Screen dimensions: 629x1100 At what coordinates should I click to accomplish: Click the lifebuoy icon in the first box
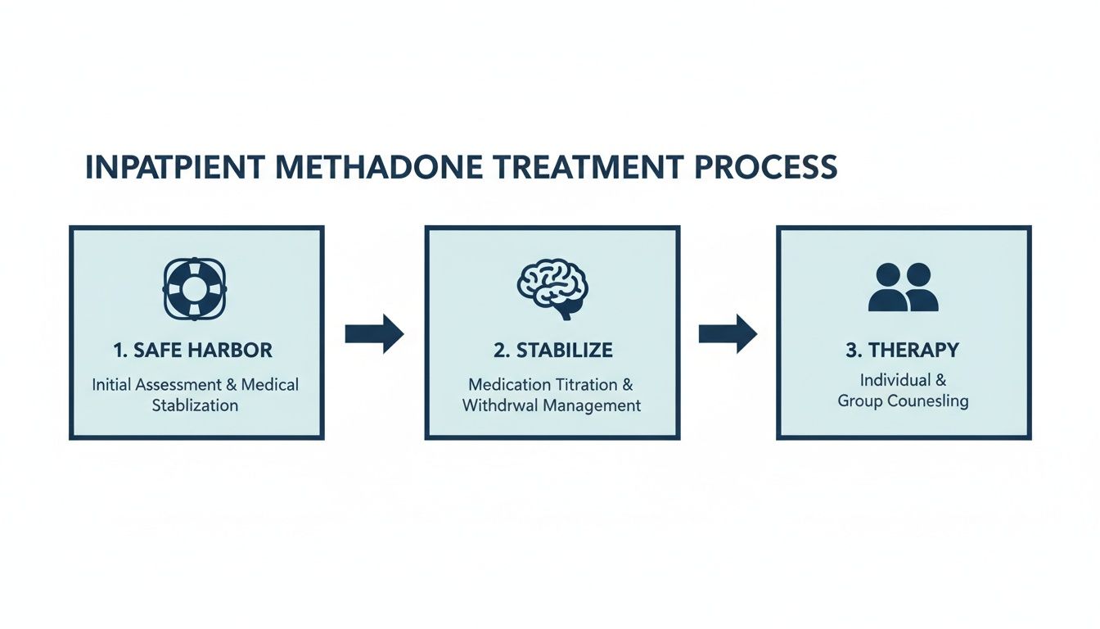196,288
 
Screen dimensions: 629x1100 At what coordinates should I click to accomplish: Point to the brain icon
552,288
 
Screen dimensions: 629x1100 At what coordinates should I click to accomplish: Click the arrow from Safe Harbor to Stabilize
374,333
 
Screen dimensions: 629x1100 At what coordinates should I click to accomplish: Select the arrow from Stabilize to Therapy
728,333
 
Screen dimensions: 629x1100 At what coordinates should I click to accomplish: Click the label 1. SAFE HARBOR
193,351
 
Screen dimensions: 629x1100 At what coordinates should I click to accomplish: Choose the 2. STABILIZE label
552,351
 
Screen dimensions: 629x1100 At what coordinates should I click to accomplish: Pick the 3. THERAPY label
902,351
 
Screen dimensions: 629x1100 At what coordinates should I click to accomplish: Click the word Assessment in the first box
188,384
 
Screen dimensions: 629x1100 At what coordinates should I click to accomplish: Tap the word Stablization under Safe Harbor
195,405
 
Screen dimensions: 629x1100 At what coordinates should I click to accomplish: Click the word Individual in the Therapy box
895,380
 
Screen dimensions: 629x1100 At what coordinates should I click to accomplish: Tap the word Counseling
927,401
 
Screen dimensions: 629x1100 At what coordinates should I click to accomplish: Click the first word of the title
174,167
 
